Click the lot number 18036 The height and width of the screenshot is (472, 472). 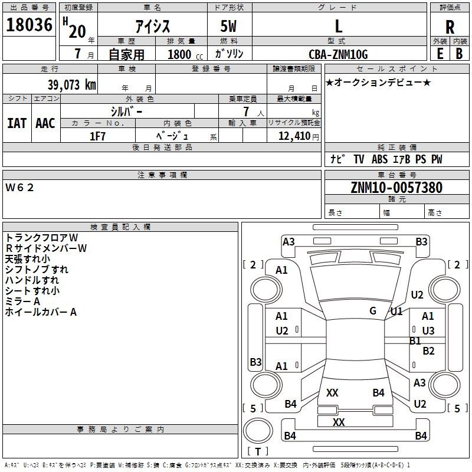[x=29, y=26]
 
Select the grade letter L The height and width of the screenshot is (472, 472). [x=338, y=26]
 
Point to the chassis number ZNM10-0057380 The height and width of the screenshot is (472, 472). [x=396, y=188]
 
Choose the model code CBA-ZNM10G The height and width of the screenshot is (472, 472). [x=338, y=54]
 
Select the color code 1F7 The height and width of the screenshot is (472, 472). [x=97, y=136]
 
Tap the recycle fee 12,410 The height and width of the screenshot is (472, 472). [x=293, y=136]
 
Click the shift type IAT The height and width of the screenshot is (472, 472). [x=17, y=123]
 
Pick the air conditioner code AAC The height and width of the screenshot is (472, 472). [x=45, y=123]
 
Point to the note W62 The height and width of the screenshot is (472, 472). [x=20, y=188]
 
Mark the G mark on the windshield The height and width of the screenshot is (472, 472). [x=373, y=311]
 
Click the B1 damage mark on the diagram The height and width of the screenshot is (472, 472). [x=415, y=340]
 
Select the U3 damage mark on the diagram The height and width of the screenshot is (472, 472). [x=428, y=330]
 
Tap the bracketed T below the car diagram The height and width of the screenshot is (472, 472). [x=258, y=451]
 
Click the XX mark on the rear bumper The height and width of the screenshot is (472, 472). [x=339, y=422]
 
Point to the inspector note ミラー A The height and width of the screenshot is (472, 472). [x=23, y=301]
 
